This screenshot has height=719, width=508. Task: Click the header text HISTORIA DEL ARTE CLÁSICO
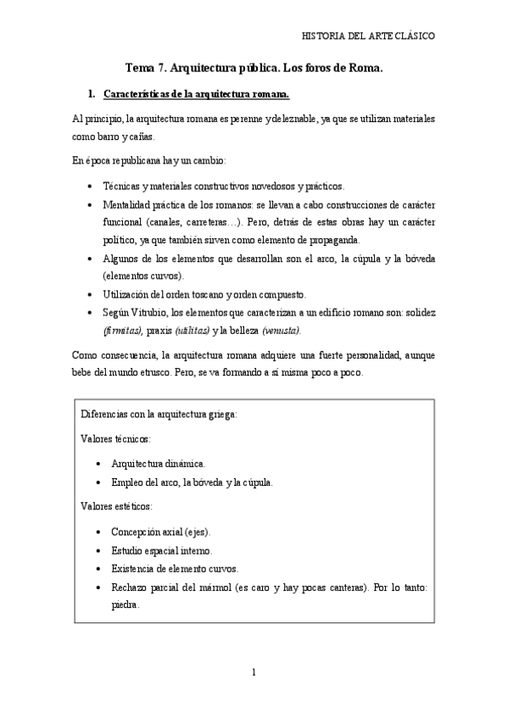pos(369,36)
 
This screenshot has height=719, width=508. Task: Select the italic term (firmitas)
pos(123,331)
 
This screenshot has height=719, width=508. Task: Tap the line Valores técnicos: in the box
pos(114,439)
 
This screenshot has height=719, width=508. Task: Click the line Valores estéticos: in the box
pos(116,505)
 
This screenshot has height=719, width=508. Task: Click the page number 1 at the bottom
pos(254,673)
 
